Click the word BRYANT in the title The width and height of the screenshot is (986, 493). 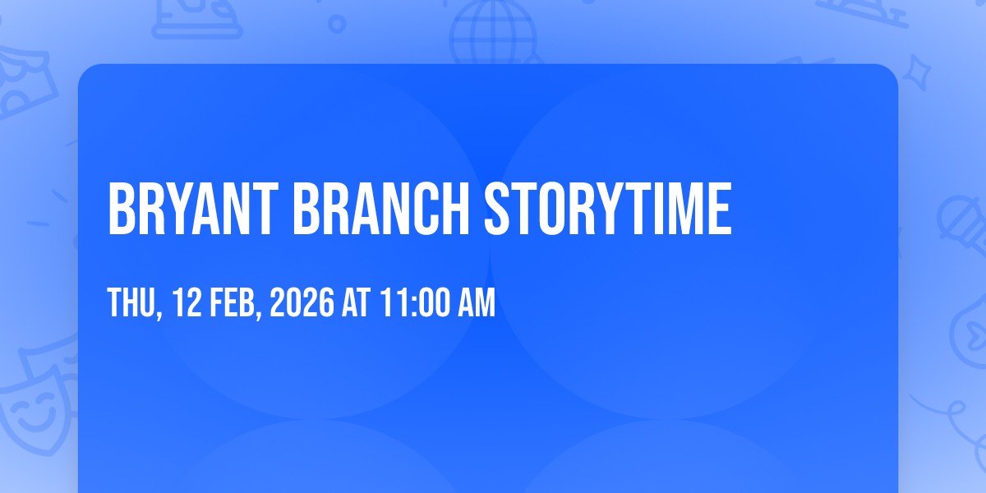coord(193,209)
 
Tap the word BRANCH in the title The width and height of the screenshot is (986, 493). coord(381,209)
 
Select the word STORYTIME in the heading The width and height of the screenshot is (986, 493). coord(608,209)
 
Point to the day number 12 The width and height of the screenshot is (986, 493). coord(187,302)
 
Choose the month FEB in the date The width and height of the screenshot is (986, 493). coord(233,302)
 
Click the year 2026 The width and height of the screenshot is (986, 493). coord(302,302)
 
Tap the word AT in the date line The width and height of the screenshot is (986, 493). coord(356,302)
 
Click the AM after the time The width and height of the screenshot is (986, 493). coord(477,302)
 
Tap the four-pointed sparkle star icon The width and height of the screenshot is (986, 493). coord(917,73)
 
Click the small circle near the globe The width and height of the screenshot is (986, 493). coord(337,24)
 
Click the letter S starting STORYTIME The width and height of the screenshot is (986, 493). coord(497,209)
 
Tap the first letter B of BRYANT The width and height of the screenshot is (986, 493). coord(121,209)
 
